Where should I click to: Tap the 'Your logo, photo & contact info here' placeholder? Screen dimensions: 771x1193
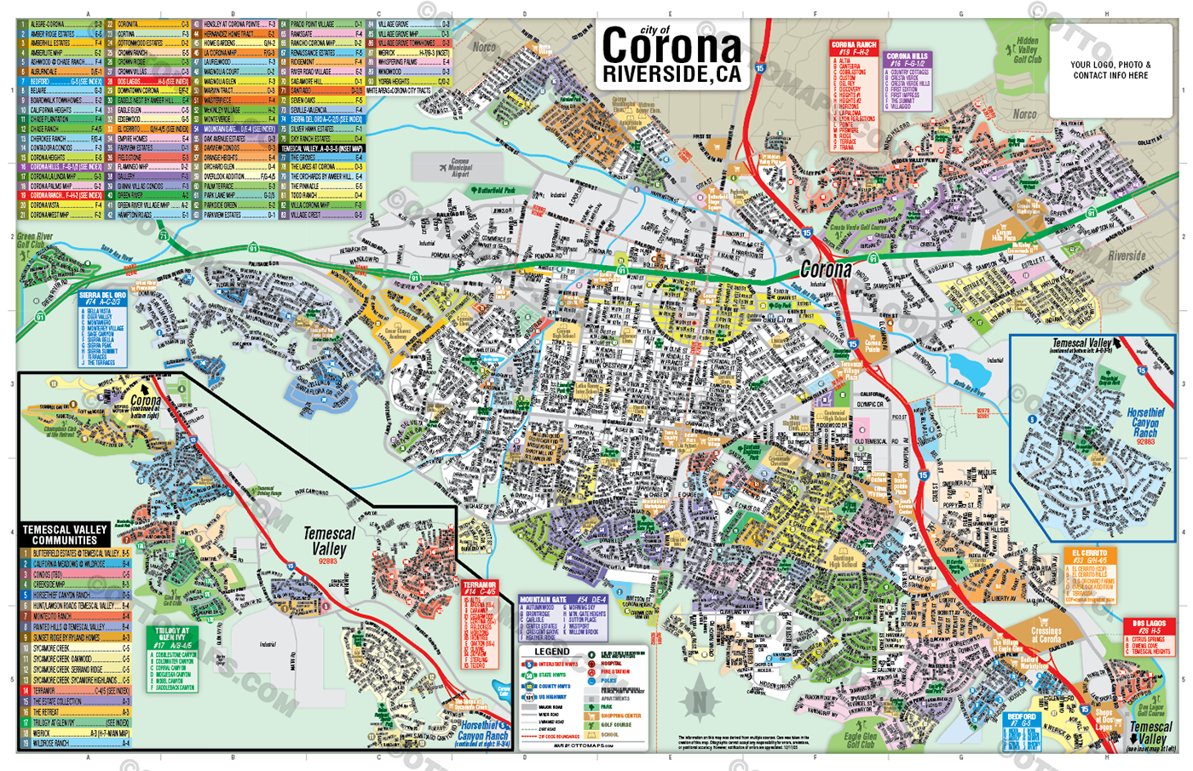pyautogui.click(x=1109, y=70)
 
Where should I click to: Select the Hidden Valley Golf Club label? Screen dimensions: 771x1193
pyautogui.click(x=1027, y=50)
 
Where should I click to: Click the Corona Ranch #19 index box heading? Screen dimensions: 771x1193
pyautogui.click(x=853, y=48)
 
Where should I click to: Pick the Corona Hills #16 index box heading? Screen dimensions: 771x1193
pyautogui.click(x=908, y=60)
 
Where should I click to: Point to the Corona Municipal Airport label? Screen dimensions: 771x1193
pyautogui.click(x=459, y=165)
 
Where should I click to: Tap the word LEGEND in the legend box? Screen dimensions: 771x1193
pyautogui.click(x=551, y=652)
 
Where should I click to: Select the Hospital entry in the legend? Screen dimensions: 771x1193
pyautogui.click(x=611, y=663)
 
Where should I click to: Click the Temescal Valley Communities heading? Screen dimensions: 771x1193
pyautogui.click(x=65, y=534)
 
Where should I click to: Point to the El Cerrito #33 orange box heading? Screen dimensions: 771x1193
pyautogui.click(x=1089, y=556)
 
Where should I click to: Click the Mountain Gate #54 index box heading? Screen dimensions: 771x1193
pyautogui.click(x=562, y=600)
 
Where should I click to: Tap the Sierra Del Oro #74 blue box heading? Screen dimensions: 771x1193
pyautogui.click(x=102, y=298)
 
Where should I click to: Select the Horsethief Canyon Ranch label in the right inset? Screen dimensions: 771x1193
pyautogui.click(x=1144, y=423)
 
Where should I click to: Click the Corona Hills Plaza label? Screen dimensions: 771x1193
pyautogui.click(x=1004, y=233)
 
